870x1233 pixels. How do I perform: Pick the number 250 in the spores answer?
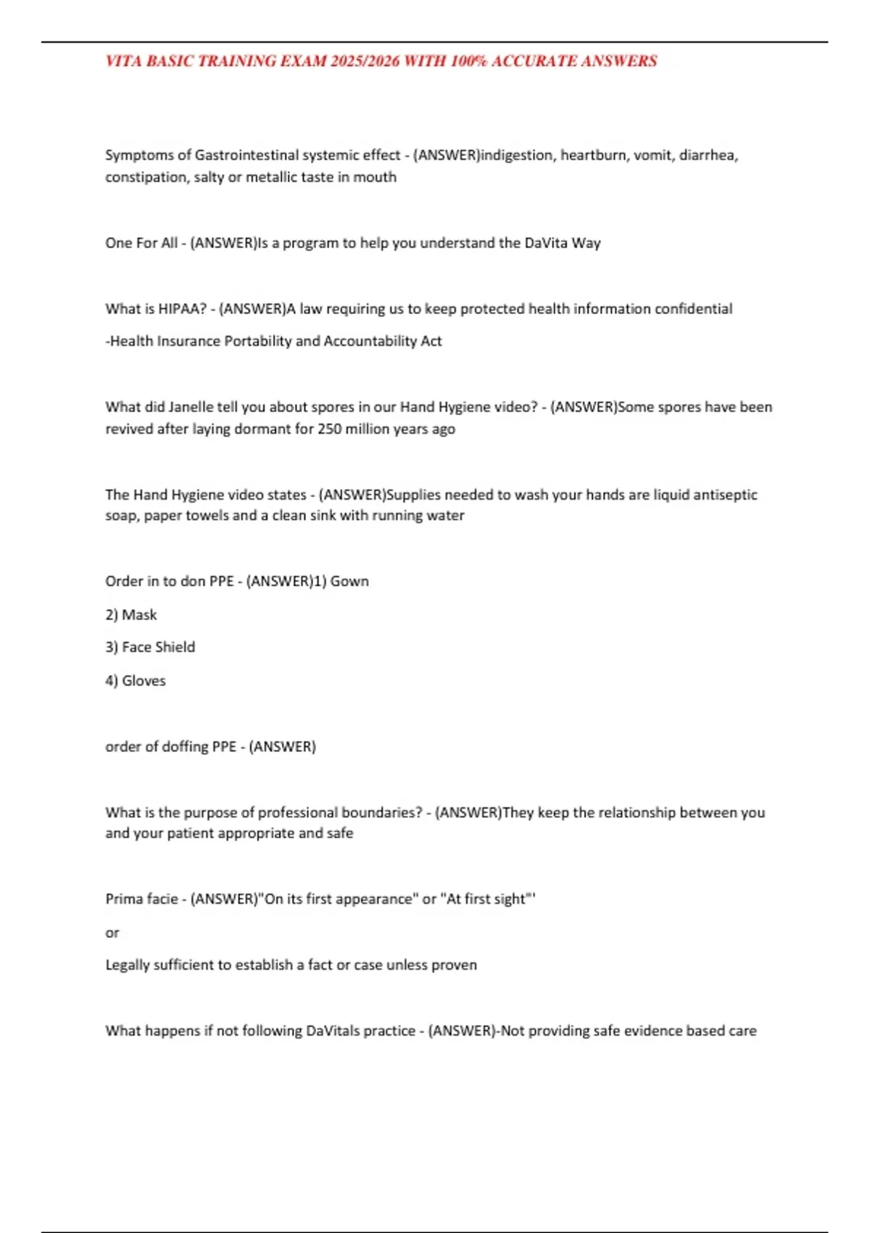click(329, 429)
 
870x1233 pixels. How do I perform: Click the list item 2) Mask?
click(131, 615)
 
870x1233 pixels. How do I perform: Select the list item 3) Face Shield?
click(150, 647)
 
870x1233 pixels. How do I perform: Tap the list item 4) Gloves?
click(136, 680)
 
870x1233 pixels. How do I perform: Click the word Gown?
click(349, 581)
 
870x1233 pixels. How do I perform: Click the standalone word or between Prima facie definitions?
click(112, 933)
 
